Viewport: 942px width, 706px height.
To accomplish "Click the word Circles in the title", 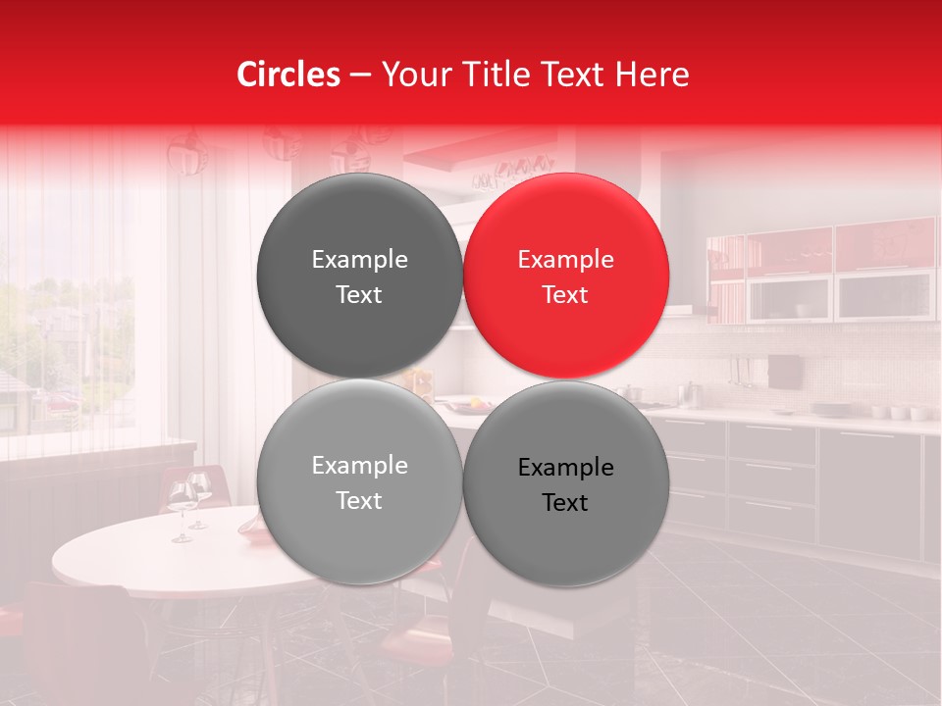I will tap(288, 75).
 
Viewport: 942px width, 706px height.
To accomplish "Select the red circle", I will tap(566, 276).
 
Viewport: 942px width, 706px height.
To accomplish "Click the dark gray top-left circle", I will tap(359, 276).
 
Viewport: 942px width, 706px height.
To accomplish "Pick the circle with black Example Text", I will tap(566, 483).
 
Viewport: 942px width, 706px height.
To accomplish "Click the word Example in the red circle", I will tap(565, 260).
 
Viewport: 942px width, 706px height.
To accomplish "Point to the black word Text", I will tap(565, 503).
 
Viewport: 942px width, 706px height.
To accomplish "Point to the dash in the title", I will tap(360, 76).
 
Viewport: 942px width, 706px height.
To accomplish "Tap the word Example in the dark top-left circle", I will tap(359, 260).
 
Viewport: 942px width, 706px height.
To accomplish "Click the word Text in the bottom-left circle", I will tap(359, 501).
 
